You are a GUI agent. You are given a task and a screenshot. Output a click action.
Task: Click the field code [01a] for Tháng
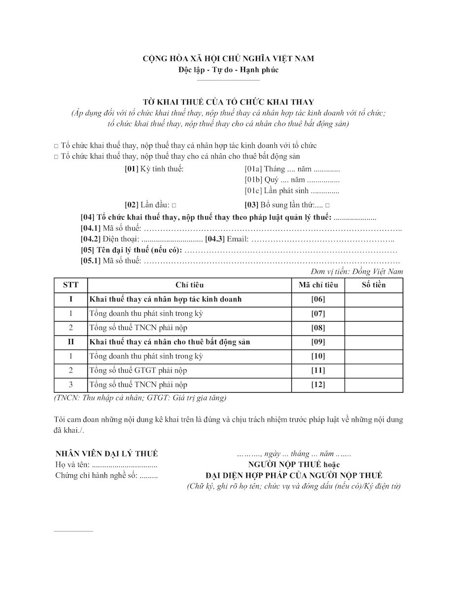[253, 169]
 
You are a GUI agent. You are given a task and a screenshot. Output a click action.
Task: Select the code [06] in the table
[318, 299]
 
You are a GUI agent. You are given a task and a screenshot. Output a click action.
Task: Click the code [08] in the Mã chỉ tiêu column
[318, 328]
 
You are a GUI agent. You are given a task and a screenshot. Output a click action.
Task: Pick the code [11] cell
[318, 370]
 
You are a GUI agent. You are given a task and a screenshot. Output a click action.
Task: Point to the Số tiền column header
[373, 285]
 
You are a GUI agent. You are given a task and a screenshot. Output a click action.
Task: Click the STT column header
[70, 285]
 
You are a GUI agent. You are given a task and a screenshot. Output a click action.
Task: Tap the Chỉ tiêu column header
[189, 285]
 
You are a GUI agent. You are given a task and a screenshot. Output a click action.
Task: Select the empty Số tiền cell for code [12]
[373, 385]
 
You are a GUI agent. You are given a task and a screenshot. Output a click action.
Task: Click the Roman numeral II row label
[70, 342]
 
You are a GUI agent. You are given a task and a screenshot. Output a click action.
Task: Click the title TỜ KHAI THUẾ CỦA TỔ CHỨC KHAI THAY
[228, 102]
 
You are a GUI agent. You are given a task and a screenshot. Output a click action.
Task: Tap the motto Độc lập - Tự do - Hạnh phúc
[228, 69]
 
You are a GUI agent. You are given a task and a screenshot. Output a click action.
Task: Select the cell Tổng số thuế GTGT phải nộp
[138, 370]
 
